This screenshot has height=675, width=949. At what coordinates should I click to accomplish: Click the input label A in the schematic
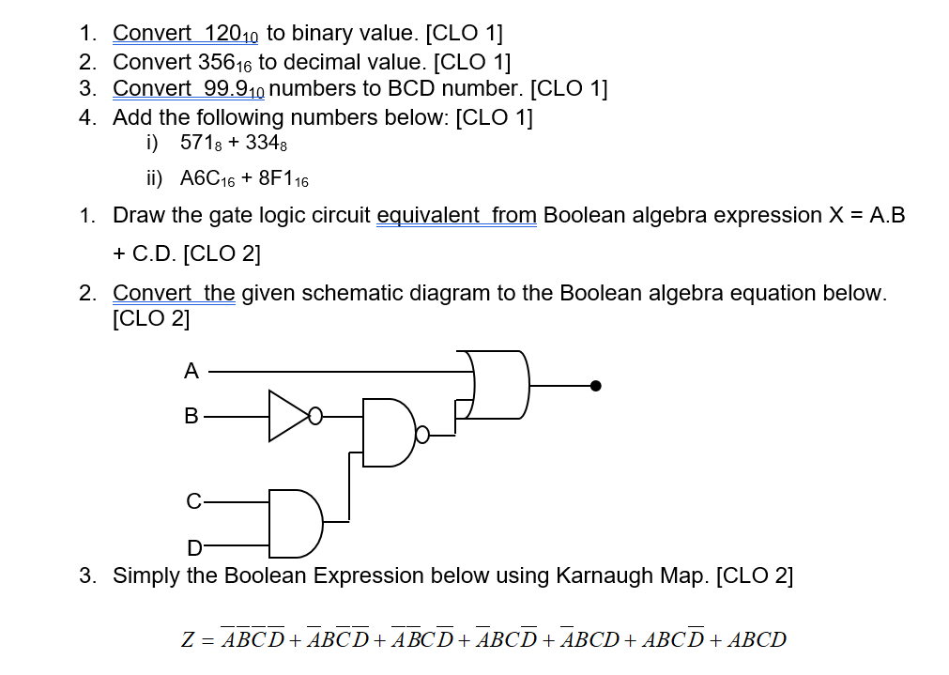(x=191, y=372)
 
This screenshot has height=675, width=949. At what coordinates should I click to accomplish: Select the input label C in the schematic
(x=192, y=501)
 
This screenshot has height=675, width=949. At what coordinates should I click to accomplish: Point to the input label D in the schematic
(x=194, y=546)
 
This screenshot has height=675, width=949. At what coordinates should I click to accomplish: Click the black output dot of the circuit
(x=594, y=385)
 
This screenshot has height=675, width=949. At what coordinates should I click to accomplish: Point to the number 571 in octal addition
(x=199, y=145)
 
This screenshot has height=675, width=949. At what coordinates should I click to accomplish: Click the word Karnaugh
(x=599, y=575)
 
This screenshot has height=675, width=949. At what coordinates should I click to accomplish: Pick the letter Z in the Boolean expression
(x=188, y=640)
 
